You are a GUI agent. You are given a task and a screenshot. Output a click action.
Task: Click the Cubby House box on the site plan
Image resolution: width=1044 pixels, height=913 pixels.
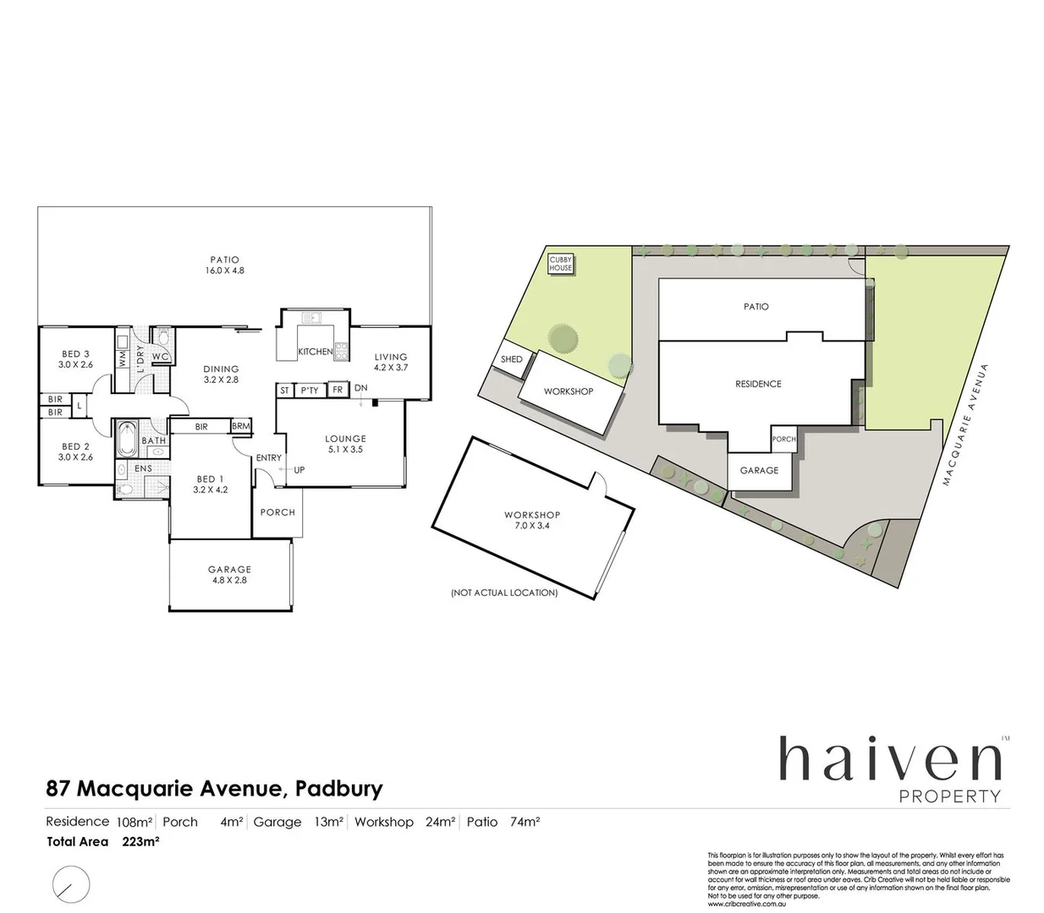click(561, 264)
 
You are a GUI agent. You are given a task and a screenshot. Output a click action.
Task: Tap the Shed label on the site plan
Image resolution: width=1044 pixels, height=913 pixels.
click(512, 359)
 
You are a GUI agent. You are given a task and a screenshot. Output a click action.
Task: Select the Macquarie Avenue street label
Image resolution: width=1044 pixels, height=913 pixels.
click(965, 425)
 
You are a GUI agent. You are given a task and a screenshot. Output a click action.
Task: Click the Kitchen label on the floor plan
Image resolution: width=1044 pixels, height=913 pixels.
click(315, 352)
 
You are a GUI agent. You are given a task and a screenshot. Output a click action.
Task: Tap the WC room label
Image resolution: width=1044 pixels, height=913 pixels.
click(160, 357)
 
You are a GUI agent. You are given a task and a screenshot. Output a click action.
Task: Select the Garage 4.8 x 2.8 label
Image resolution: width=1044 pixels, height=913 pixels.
click(229, 575)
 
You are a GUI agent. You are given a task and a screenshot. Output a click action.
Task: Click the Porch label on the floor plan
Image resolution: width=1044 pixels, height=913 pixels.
click(277, 512)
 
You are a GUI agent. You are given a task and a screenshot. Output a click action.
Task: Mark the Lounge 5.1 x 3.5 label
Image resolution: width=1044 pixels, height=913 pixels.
click(345, 444)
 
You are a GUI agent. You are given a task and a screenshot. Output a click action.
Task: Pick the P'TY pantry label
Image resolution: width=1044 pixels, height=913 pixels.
click(310, 391)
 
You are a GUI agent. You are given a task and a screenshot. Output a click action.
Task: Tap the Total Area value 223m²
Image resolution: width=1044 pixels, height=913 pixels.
click(141, 841)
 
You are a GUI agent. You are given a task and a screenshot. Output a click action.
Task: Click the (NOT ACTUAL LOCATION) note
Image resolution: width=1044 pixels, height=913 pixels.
click(504, 593)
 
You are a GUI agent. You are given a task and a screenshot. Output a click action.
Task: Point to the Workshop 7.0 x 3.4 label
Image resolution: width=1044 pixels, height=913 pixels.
click(532, 520)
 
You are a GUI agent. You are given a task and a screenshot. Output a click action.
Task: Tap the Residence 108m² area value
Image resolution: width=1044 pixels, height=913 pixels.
click(134, 822)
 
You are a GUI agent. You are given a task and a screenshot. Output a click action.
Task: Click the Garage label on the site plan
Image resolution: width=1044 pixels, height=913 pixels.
click(759, 470)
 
